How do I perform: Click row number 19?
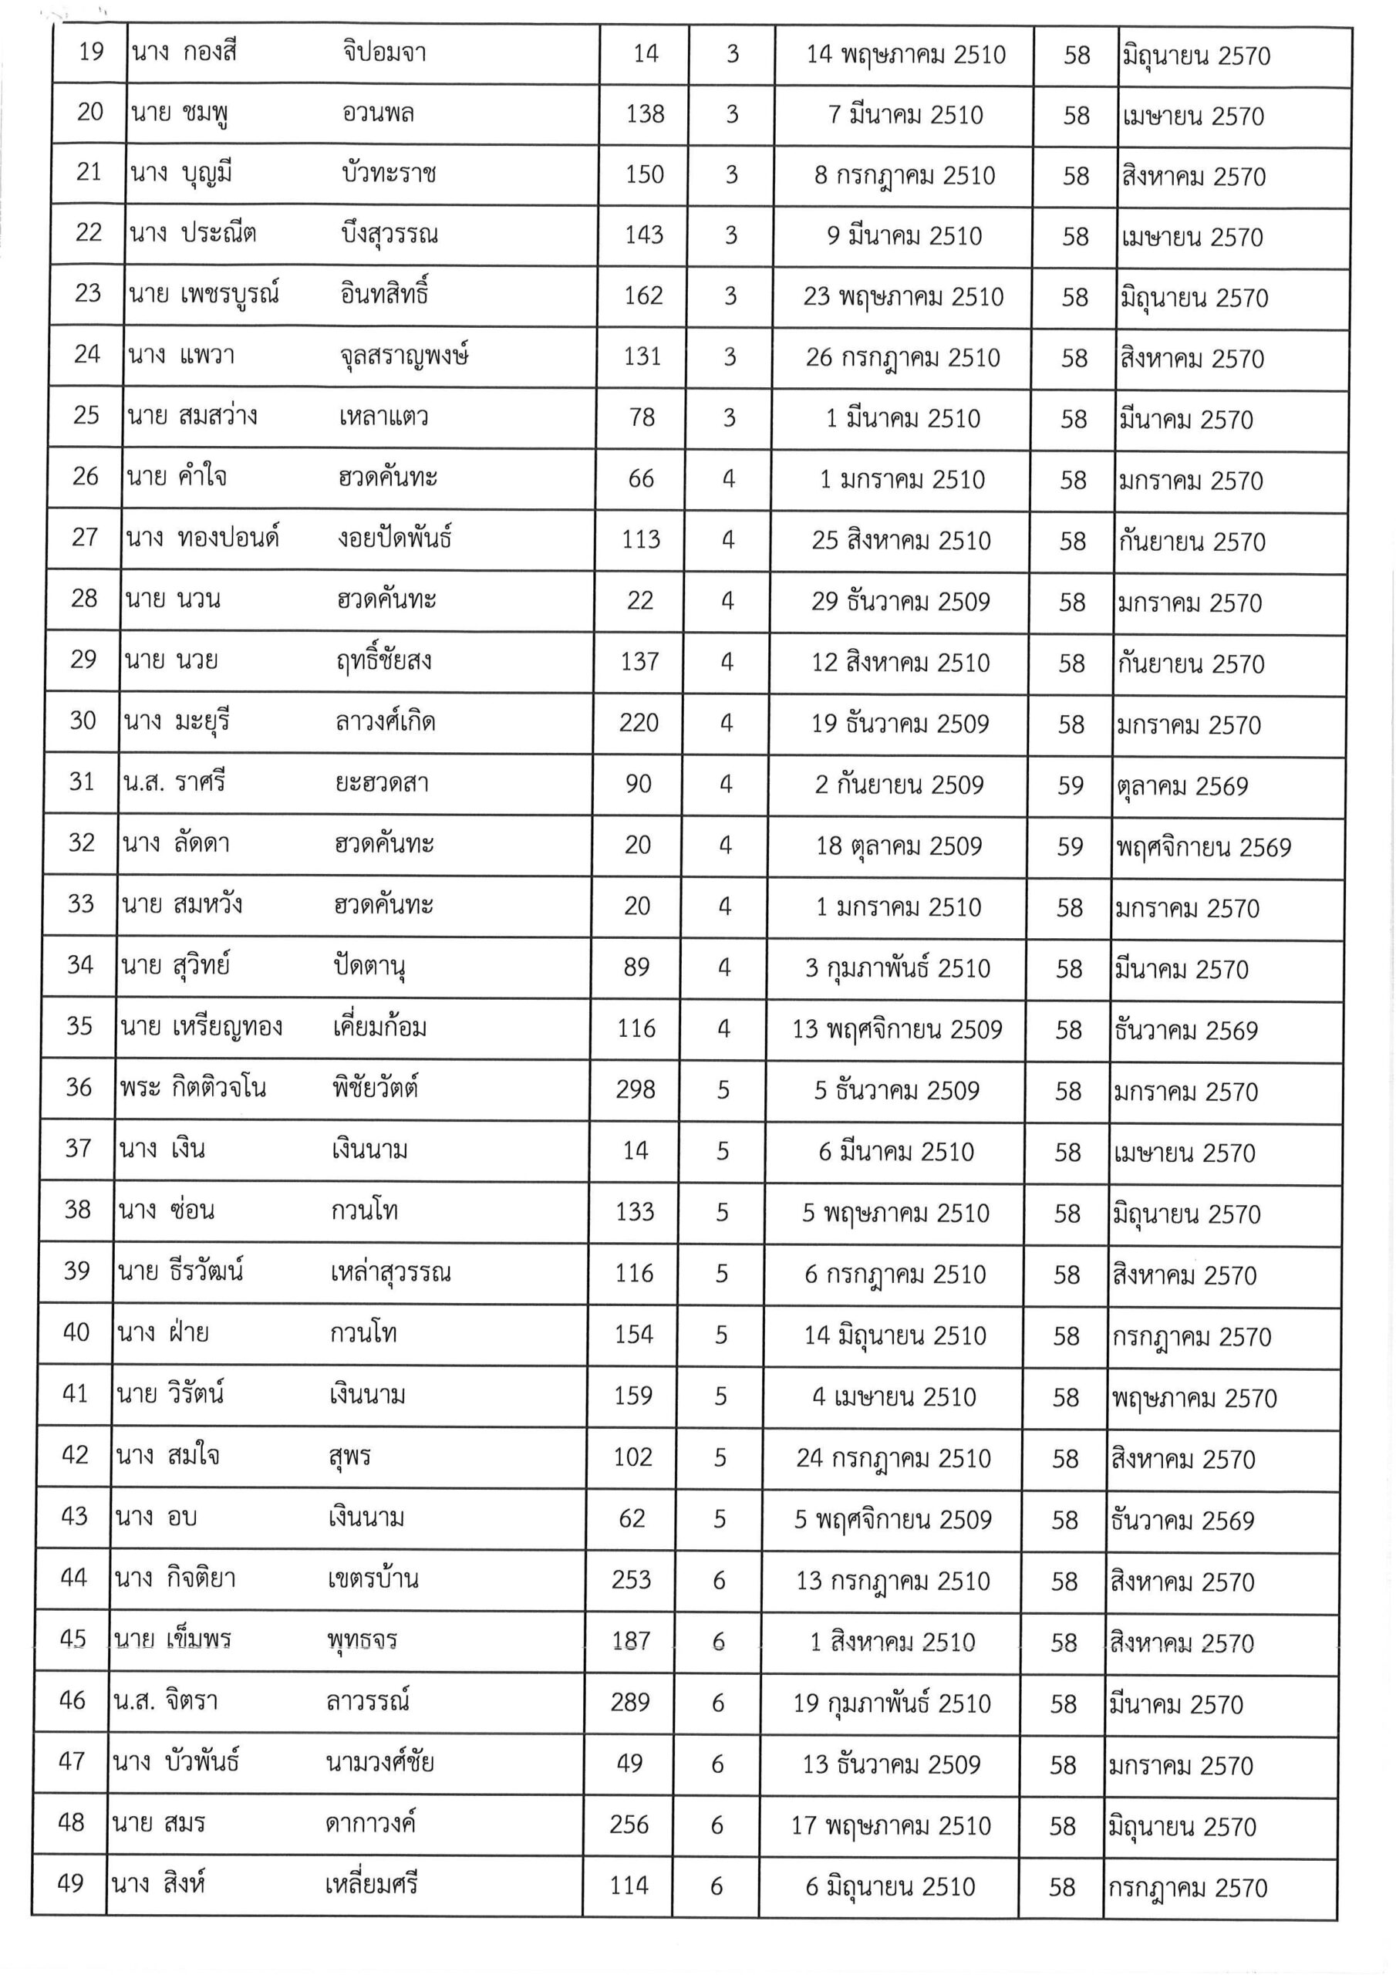[x=90, y=52]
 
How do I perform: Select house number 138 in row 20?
[x=645, y=113]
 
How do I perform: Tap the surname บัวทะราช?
[x=389, y=174]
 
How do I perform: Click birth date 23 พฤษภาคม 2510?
[x=903, y=297]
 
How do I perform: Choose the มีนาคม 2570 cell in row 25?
[x=1185, y=420]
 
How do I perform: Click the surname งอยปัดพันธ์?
[x=394, y=538]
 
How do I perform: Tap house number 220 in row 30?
[x=638, y=723]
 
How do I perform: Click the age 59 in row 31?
[x=1070, y=785]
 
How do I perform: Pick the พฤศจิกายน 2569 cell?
[x=1203, y=848]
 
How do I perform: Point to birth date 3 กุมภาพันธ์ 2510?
[x=897, y=968]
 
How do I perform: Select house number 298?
[x=636, y=1090]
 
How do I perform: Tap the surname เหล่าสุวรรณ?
[x=390, y=1272]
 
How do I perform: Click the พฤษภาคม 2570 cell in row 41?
[x=1193, y=1399]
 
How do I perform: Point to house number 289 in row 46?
[x=629, y=1703]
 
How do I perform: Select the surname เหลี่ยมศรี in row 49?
[x=372, y=1885]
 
